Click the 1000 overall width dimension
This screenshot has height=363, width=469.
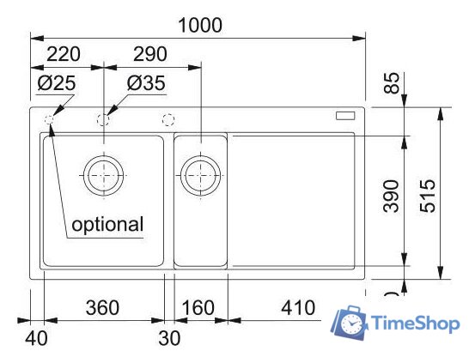click(200, 25)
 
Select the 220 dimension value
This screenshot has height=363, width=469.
click(64, 54)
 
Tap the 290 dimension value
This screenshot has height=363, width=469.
click(150, 54)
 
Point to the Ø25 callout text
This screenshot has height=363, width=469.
click(57, 82)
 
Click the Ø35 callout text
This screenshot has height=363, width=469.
click(146, 82)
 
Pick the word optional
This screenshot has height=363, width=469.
click(107, 224)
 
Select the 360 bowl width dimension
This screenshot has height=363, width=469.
click(102, 308)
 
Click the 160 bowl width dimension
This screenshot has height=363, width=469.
click(198, 308)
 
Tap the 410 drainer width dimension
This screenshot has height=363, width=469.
click(298, 308)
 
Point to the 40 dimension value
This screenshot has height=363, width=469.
click(36, 338)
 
